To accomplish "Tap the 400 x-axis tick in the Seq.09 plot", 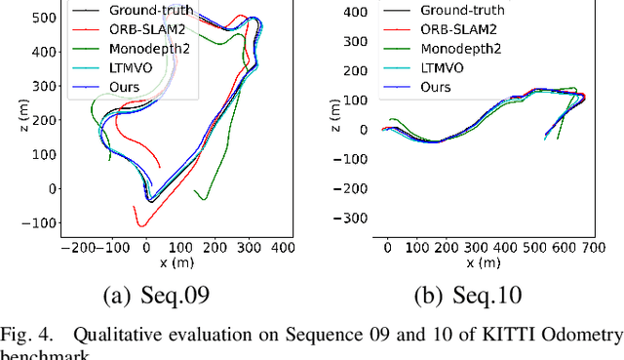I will (282, 249).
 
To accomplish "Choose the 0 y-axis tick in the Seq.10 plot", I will (367, 129).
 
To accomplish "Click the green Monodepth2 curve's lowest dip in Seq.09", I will (204, 199).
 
